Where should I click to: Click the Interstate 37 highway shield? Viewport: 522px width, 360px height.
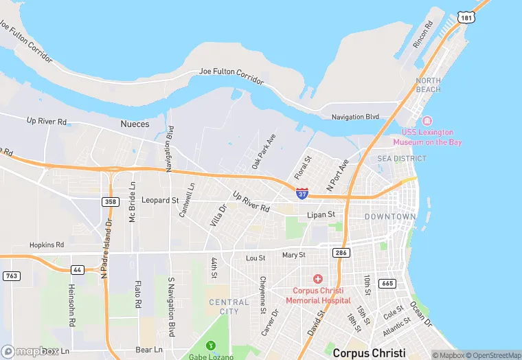tap(302, 194)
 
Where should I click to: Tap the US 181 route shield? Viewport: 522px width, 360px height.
tap(467, 16)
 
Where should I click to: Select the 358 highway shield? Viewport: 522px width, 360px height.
tap(109, 201)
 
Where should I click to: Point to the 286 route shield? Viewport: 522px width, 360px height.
tap(341, 253)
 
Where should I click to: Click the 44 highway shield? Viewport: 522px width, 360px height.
tap(77, 269)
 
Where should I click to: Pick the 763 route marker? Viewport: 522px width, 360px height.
tap(11, 276)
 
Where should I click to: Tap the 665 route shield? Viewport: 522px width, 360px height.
tap(388, 283)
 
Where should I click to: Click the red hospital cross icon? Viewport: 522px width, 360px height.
tap(317, 278)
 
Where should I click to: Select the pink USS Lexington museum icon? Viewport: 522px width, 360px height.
tap(427, 121)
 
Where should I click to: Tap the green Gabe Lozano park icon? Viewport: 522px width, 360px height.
tap(212, 344)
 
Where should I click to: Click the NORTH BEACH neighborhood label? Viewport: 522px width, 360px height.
tap(429, 85)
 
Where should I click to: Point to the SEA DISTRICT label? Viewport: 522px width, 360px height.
tap(402, 159)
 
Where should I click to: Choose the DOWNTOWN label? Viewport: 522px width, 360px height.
tap(390, 216)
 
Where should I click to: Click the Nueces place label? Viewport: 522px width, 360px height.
tap(135, 124)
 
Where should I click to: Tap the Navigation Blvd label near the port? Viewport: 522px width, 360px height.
tap(355, 117)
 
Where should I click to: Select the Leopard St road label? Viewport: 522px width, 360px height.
tap(159, 201)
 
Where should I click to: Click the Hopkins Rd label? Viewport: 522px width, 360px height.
tap(47, 245)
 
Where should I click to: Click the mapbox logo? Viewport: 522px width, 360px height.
tap(30, 351)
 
